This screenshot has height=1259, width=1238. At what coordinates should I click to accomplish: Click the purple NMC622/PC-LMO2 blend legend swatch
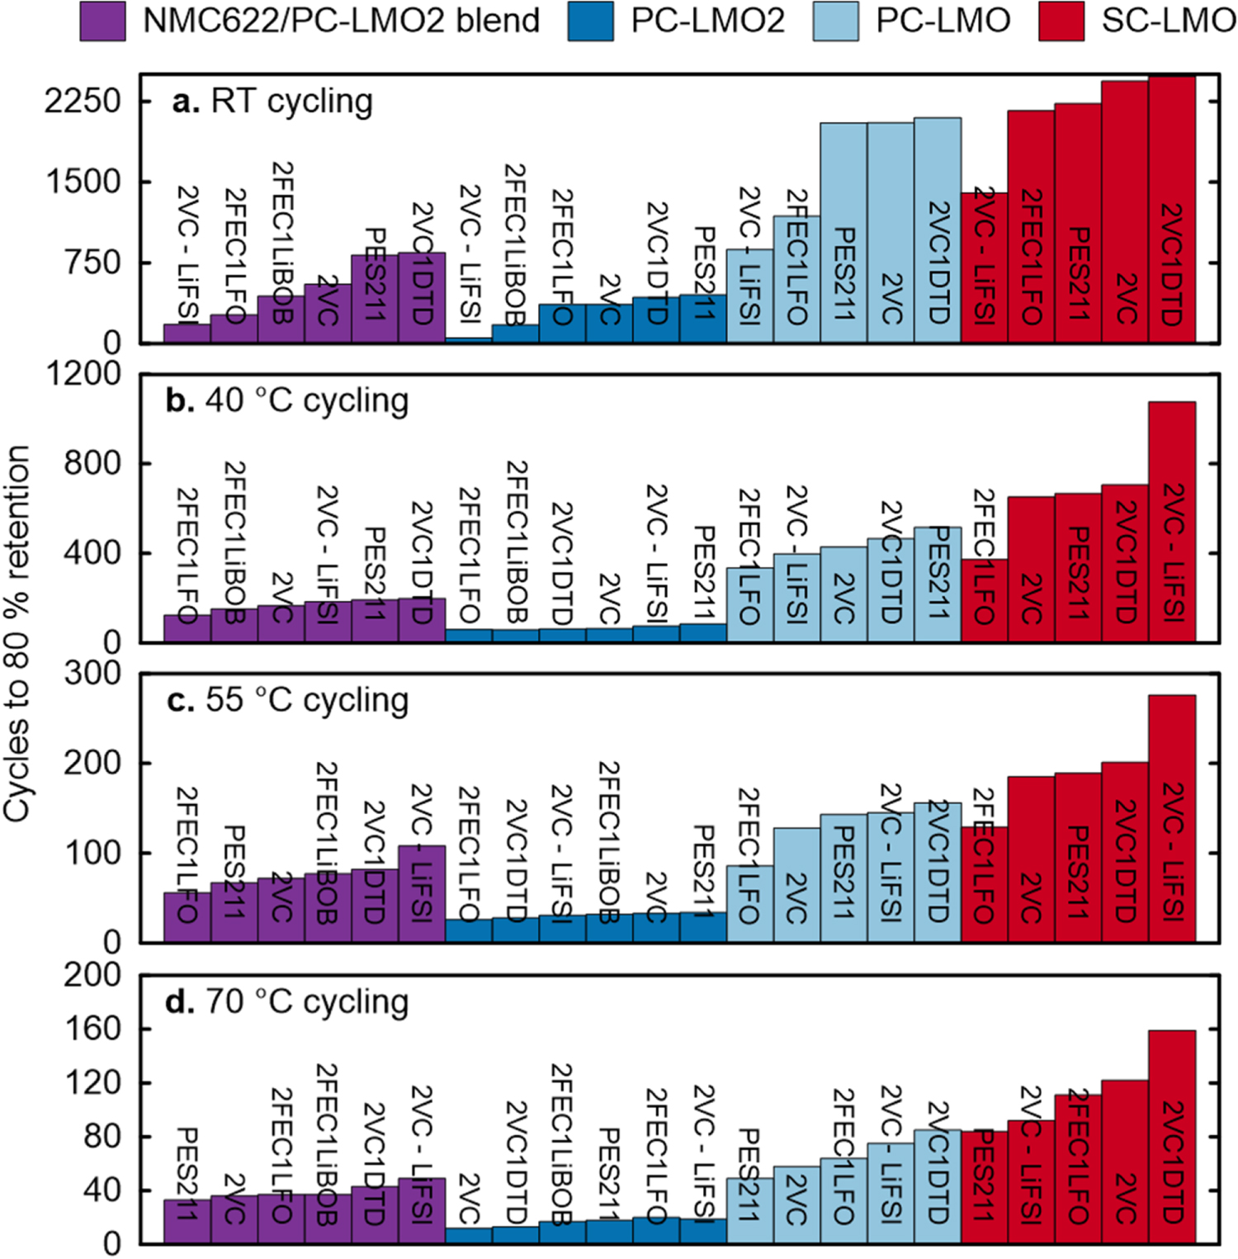(102, 21)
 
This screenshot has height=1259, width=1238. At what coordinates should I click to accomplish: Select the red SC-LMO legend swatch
(1061, 21)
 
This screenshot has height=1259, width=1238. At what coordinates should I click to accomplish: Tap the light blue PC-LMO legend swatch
(835, 21)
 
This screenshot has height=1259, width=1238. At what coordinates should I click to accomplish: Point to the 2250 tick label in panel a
(83, 102)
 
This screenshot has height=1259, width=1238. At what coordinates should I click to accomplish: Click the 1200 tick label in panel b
(83, 374)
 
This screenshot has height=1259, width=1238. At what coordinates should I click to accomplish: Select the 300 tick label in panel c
(92, 674)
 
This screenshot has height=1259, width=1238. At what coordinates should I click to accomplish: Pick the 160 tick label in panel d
(92, 1029)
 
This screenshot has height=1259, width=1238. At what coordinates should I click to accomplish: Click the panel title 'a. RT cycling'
(272, 102)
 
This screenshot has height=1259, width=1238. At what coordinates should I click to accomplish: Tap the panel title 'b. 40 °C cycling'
(287, 400)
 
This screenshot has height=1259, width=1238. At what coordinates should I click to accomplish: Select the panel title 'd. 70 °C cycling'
(287, 1001)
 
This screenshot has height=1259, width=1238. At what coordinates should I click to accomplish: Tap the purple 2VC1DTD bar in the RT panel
(422, 297)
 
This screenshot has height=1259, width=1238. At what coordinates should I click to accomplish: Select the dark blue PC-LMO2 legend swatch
(591, 21)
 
